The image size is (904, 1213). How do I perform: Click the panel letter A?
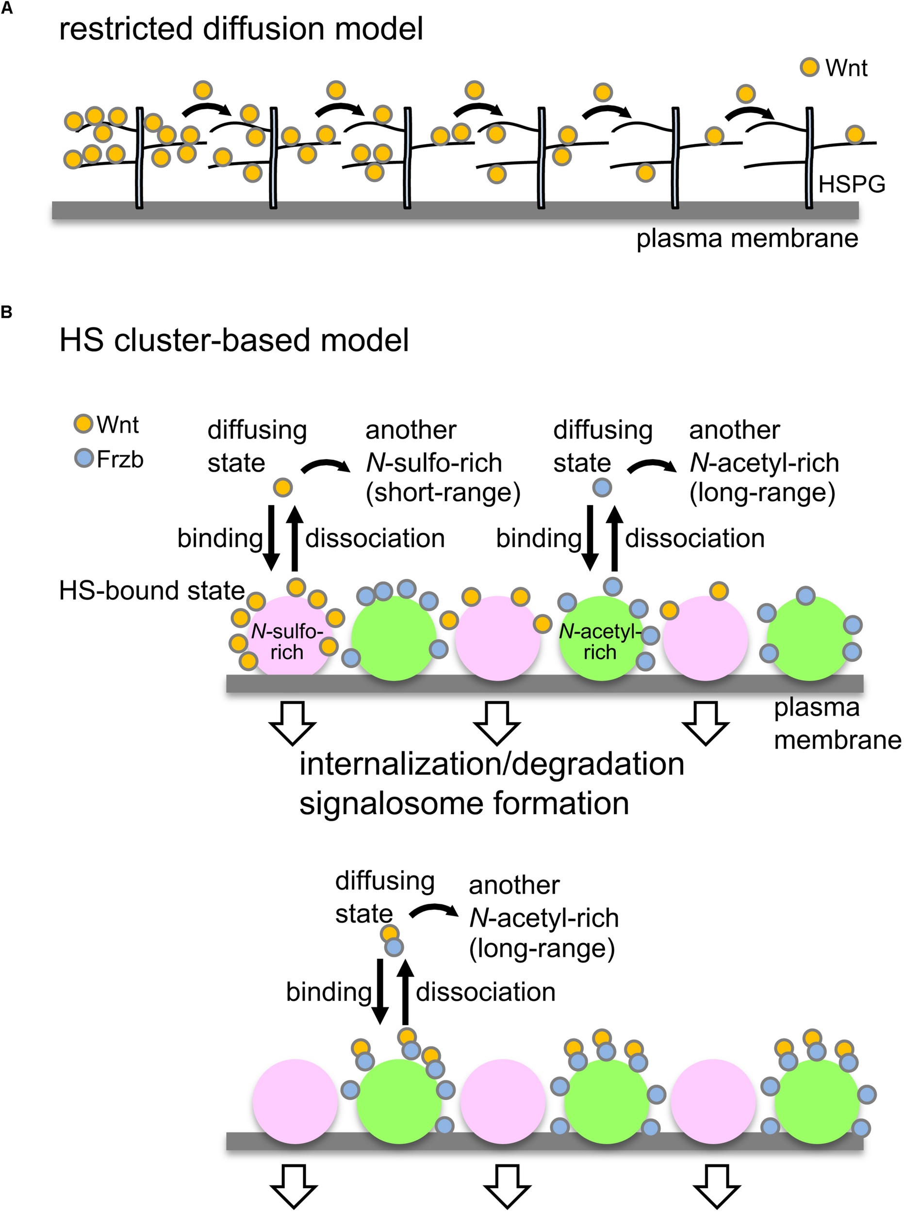7,9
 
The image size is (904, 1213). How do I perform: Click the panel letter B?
7,312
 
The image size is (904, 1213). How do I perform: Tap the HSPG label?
852,184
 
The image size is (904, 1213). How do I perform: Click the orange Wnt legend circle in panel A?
809,67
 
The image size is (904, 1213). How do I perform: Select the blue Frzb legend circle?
84,458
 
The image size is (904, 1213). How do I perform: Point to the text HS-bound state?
151,591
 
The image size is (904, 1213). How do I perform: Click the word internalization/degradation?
492,764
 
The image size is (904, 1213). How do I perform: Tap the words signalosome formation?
464,804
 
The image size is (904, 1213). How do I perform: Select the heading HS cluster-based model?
234,340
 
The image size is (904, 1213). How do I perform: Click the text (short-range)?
443,492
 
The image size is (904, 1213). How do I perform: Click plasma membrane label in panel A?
747,239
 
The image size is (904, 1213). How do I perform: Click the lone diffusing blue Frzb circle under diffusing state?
602,487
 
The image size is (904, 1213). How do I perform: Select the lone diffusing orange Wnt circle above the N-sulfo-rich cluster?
283,487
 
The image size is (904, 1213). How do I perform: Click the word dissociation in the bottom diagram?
485,992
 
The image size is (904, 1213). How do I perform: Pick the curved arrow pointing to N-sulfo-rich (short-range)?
326,466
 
